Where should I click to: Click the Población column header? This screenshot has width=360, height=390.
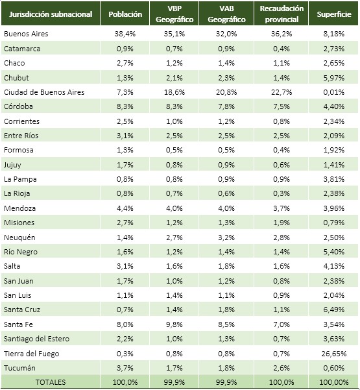(125, 14)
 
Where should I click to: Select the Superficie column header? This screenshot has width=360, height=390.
(334, 14)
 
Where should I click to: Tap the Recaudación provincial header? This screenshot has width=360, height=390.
(282, 14)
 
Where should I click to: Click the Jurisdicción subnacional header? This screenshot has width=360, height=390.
(51, 14)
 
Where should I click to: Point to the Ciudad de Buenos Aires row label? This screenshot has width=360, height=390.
(44, 92)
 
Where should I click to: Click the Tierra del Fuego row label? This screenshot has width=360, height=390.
(32, 354)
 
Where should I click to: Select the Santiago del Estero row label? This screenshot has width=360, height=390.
(36, 339)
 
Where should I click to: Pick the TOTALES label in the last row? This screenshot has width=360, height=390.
(51, 382)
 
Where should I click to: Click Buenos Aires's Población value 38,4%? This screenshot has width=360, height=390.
(125, 34)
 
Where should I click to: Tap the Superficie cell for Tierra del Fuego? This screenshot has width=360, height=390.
(334, 354)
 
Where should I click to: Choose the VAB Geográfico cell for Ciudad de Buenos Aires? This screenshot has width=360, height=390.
(226, 92)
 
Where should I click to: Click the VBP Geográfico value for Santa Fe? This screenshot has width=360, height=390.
(174, 324)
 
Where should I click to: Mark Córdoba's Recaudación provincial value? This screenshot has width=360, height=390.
(282, 106)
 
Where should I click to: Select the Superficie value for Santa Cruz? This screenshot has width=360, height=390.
(334, 310)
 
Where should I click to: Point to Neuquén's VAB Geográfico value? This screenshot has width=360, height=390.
(226, 238)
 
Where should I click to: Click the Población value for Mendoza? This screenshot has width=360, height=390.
(125, 208)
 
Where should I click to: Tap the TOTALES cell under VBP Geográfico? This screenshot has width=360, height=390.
(174, 382)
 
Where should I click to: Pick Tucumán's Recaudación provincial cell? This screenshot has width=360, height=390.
(282, 368)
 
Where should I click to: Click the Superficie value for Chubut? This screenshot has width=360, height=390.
(334, 78)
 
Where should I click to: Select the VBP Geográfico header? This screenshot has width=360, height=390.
(174, 14)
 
